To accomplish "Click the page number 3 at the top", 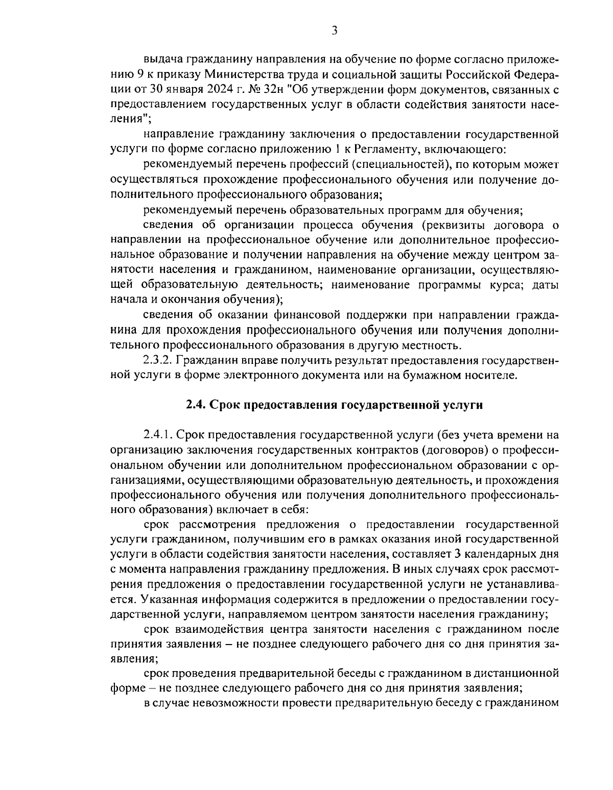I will [334, 31].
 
